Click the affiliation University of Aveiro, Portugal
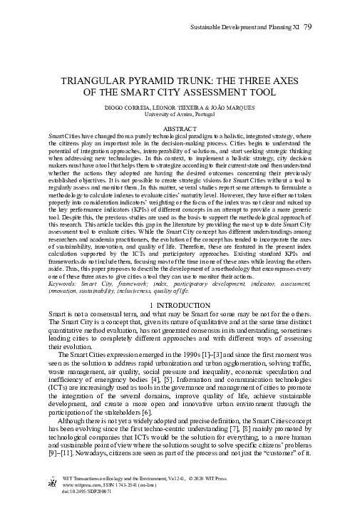click(x=180, y=114)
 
